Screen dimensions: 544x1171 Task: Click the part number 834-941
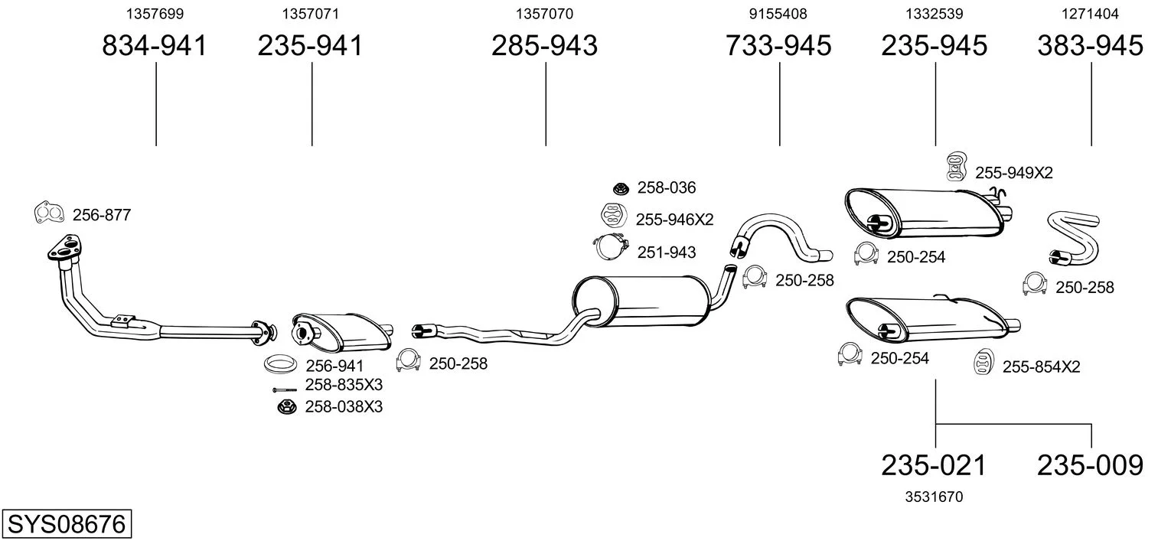pos(155,46)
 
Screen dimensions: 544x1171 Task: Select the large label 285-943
pos(544,46)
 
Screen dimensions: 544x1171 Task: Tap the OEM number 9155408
pos(778,14)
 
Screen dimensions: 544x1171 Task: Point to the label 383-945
pos(1090,46)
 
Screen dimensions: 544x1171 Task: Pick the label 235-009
pos(1090,464)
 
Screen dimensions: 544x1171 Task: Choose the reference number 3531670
pos(934,497)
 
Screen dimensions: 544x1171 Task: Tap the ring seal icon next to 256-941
pos(280,364)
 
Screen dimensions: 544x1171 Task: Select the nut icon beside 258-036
pos(621,187)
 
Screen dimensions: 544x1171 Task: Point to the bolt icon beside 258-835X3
pos(284,389)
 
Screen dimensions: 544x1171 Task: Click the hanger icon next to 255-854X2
pos(983,362)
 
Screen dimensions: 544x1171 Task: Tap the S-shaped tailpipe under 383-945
pos(1073,239)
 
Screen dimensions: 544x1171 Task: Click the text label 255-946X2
pos(674,220)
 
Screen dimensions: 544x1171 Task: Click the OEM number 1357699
pos(155,14)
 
